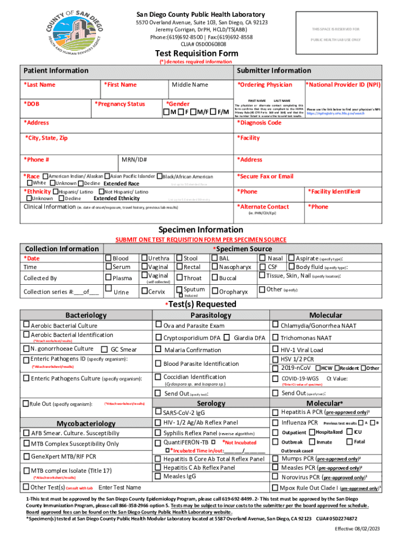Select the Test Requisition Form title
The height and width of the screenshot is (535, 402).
click(x=196, y=53)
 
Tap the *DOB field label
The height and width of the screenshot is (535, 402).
click(x=32, y=104)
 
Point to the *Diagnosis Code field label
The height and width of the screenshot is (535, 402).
click(x=259, y=123)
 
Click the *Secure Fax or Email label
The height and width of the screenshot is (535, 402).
click(x=265, y=177)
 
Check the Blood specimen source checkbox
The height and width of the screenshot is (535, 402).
click(x=109, y=258)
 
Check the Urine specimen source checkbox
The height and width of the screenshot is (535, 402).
click(x=109, y=288)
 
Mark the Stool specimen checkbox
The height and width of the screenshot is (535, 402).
click(x=180, y=258)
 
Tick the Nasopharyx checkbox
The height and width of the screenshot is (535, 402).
click(x=215, y=267)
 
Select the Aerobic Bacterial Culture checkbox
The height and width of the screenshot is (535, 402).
click(x=26, y=325)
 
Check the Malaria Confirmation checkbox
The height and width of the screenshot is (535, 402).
click(x=159, y=350)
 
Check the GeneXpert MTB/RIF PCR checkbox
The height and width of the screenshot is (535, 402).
click(x=26, y=457)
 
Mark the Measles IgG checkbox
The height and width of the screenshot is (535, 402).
click(x=159, y=476)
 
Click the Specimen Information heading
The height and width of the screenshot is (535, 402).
click(x=200, y=230)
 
